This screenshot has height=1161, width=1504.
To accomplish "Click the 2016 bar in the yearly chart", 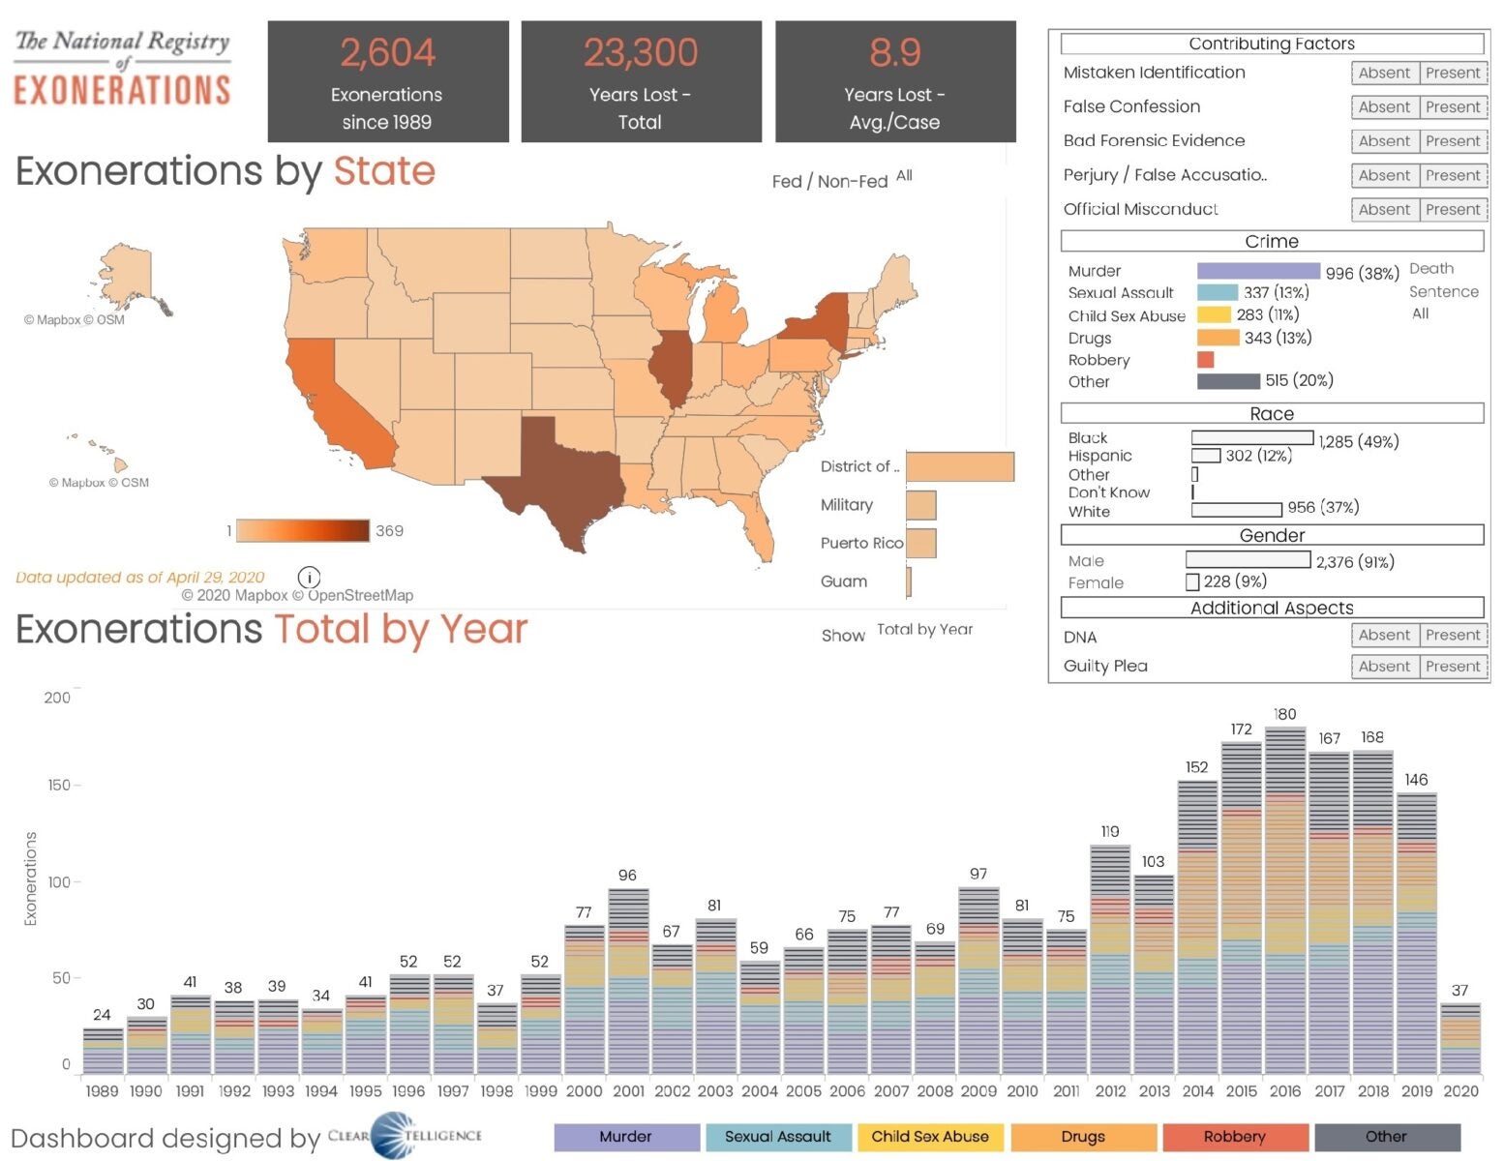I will pos(1285,900).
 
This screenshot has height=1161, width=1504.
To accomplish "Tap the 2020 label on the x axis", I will pos(1460,1091).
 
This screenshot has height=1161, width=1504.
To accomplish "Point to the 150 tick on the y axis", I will pos(59,785).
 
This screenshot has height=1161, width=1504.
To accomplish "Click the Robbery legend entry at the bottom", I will pos(1234,1137).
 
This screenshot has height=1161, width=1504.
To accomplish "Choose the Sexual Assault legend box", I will pos(778,1137).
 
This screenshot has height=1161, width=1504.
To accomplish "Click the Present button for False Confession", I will pos(1453,106).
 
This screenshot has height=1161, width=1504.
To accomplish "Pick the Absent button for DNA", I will pos(1384,636).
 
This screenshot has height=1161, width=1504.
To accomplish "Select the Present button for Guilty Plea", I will pos(1453,667).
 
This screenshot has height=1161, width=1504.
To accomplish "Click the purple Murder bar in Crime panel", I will pos(1258,272).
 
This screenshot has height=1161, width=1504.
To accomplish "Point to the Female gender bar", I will pos(1192,582).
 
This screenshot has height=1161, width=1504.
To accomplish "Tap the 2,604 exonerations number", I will pos(387,52).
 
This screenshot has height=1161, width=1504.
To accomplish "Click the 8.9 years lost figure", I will pos(894,52).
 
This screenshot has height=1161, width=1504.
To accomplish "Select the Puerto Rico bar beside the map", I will pos(920,543).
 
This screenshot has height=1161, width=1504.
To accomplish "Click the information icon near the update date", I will pos(309,578).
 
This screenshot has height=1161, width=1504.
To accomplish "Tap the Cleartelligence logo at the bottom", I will pos(405,1136).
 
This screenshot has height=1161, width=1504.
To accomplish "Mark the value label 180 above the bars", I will pos(1284,714).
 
